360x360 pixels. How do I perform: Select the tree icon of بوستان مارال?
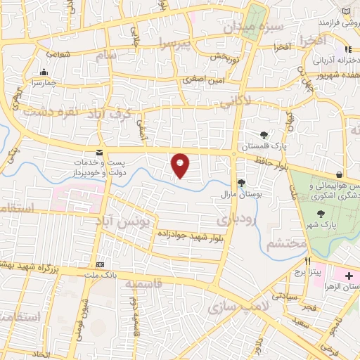[x=242, y=183]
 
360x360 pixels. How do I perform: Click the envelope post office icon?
[x=99, y=152]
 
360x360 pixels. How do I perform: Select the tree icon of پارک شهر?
[x=321, y=213]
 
